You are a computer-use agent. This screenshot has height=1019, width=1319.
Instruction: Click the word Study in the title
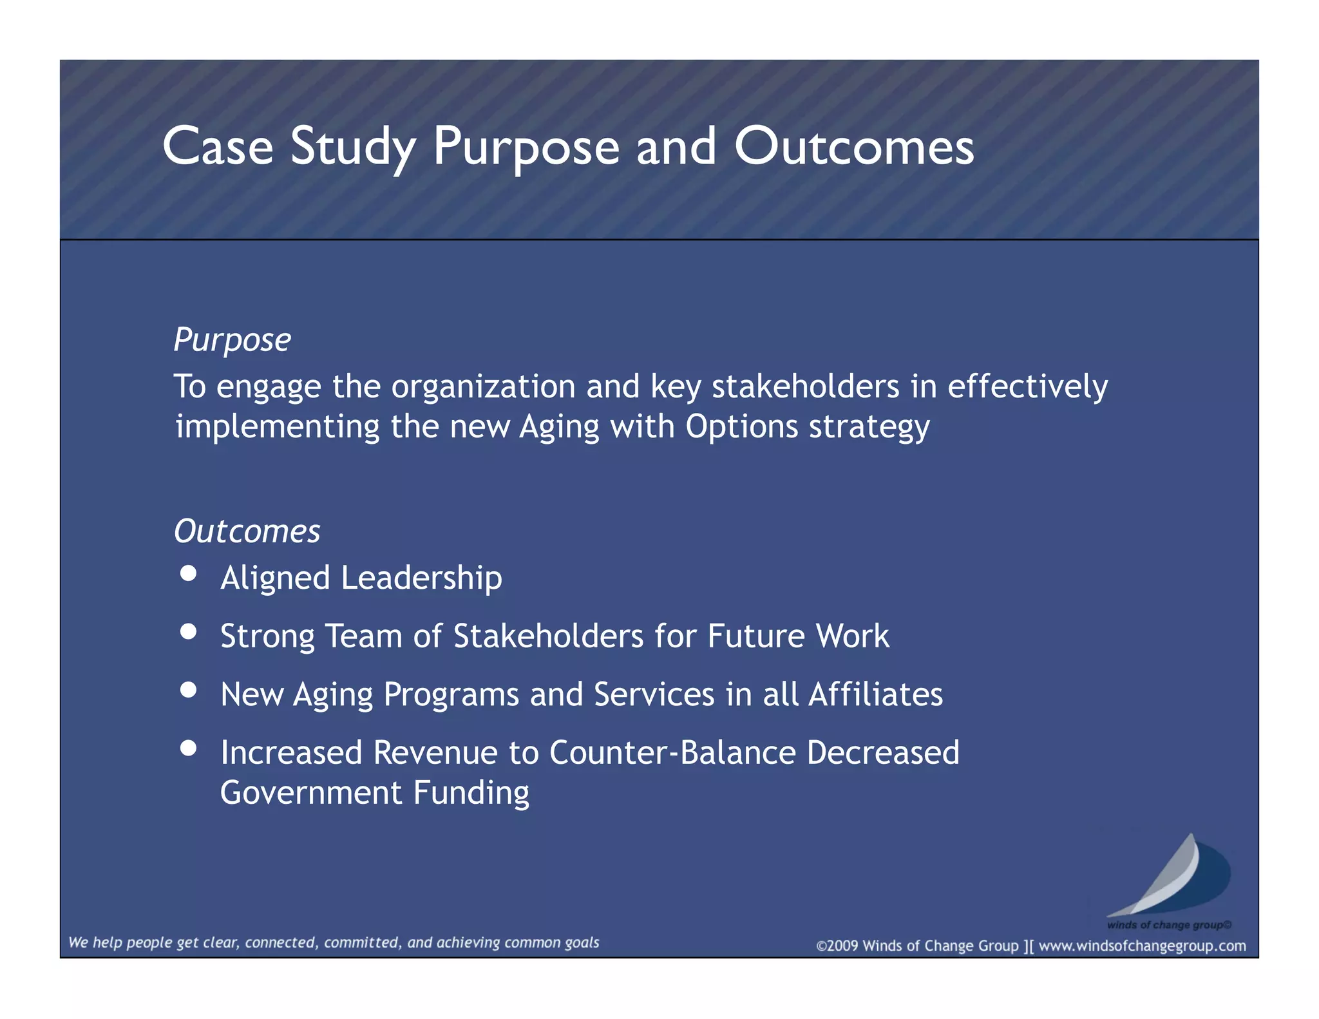pyautogui.click(x=353, y=147)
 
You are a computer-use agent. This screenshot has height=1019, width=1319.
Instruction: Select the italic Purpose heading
pyautogui.click(x=232, y=339)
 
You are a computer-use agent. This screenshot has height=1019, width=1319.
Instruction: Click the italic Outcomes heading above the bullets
pyautogui.click(x=247, y=531)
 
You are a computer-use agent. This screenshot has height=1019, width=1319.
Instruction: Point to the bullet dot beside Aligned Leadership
pyautogui.click(x=188, y=573)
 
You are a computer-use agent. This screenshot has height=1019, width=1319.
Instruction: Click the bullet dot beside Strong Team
pyautogui.click(x=188, y=631)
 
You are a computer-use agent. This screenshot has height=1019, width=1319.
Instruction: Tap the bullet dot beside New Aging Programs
pyautogui.click(x=188, y=690)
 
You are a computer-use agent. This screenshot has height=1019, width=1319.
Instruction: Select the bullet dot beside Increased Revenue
pyautogui.click(x=188, y=748)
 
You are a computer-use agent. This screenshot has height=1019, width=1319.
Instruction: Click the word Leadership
pyautogui.click(x=421, y=578)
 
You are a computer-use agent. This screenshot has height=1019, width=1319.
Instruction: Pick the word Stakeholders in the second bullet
pyautogui.click(x=548, y=636)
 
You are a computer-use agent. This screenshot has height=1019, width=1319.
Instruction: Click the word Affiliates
pyautogui.click(x=875, y=694)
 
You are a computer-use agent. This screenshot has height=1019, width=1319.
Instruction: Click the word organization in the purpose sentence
pyautogui.click(x=483, y=387)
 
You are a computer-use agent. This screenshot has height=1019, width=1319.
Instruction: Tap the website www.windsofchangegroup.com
pyautogui.click(x=1142, y=946)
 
